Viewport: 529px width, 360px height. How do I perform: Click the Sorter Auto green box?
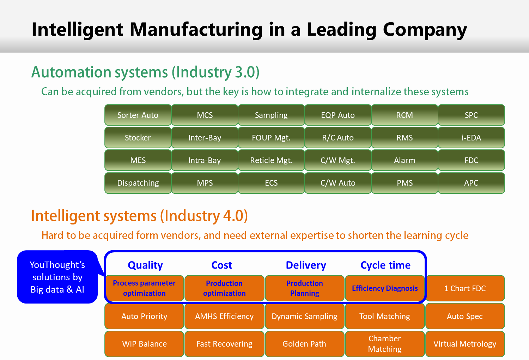coord(138,115)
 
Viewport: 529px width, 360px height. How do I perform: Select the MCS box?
coord(205,115)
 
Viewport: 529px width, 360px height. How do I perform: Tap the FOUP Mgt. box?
coord(271,138)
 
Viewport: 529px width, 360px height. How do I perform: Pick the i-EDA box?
coord(472,138)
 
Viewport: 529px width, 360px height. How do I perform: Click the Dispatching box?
coord(138,183)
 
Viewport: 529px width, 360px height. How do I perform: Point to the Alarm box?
coord(405,160)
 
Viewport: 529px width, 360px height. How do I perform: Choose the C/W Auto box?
coord(338,183)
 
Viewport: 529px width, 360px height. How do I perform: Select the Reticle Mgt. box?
coord(271,160)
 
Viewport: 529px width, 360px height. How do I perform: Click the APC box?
coord(472,183)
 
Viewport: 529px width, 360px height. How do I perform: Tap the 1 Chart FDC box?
coord(465,288)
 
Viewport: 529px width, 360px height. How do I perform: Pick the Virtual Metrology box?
coord(465,344)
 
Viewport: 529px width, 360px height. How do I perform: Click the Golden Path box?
coord(304,344)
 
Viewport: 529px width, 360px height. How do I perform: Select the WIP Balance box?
coord(144,344)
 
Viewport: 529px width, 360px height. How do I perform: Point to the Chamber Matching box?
coord(385,344)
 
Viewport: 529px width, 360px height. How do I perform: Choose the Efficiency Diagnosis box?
coord(385,288)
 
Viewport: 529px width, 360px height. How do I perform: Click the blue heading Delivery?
coord(306,265)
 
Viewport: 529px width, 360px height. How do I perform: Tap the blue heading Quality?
coord(145,265)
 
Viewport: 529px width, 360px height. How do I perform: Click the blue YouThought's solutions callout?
coord(57,277)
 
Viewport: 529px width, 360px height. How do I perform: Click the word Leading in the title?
coord(341,30)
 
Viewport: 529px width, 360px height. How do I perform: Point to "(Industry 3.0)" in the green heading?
coord(215,72)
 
